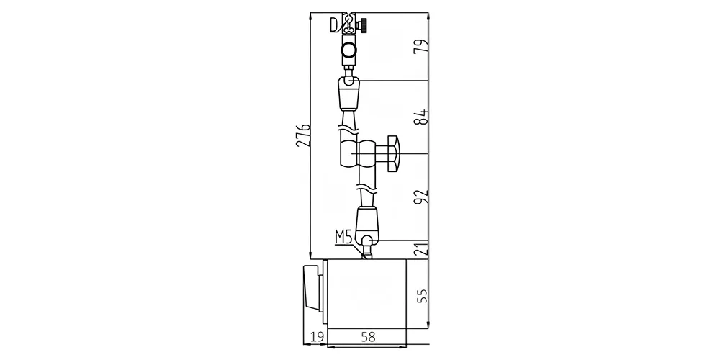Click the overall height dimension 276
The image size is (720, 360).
point(302,135)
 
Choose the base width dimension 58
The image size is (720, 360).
point(368,337)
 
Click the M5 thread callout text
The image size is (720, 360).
point(343,238)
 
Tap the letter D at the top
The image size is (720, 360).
point(334,24)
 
